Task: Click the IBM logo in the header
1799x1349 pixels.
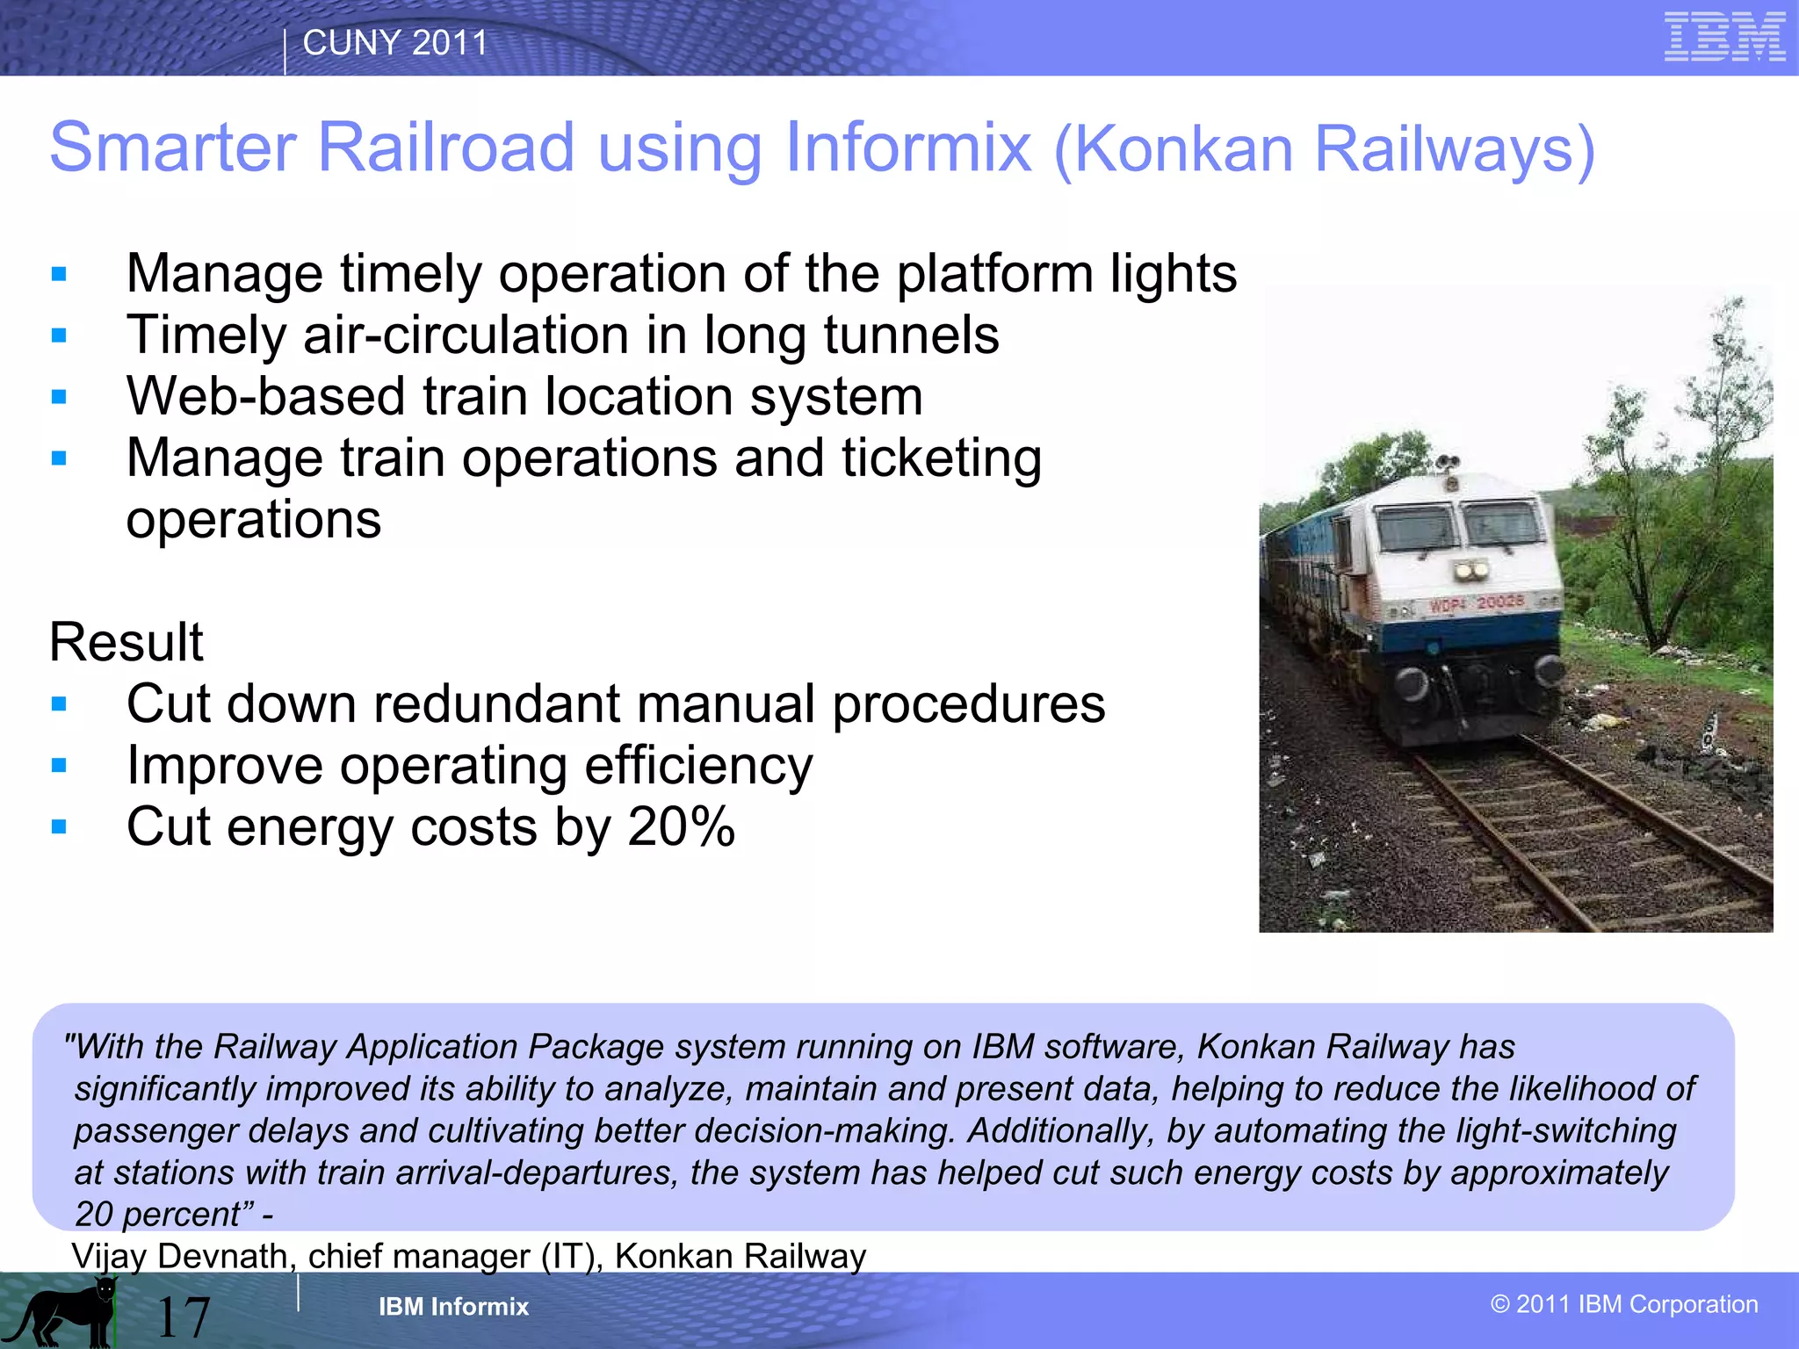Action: (x=1724, y=37)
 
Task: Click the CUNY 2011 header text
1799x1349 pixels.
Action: (x=394, y=43)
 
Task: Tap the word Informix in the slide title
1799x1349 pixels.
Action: (x=908, y=148)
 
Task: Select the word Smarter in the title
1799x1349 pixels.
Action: (x=172, y=148)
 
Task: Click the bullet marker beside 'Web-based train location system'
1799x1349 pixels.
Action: (x=59, y=397)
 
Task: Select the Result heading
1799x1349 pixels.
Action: (x=126, y=642)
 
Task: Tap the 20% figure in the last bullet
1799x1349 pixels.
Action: (x=681, y=827)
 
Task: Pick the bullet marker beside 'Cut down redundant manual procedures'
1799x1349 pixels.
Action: (x=59, y=704)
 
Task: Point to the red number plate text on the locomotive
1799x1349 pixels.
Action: (x=1477, y=603)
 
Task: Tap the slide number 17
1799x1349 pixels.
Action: (x=183, y=1317)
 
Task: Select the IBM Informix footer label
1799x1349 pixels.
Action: (x=453, y=1307)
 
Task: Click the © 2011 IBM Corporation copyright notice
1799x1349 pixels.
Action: (x=1624, y=1304)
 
